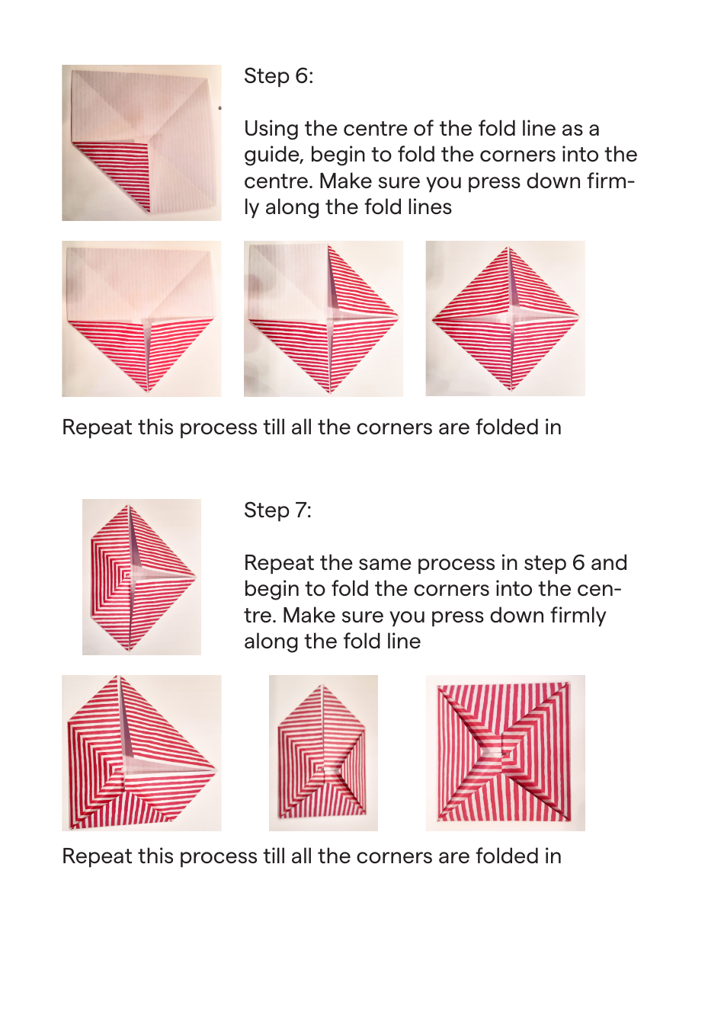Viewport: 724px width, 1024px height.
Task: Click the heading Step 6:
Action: [278, 76]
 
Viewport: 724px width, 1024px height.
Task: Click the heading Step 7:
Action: [277, 510]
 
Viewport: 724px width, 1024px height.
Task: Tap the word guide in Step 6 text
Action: [271, 155]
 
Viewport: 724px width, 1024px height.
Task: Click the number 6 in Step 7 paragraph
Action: [578, 563]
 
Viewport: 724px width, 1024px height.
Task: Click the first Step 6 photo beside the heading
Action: [142, 142]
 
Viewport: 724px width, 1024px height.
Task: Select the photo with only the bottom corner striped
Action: [142, 318]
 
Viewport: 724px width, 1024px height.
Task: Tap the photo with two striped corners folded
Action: [323, 318]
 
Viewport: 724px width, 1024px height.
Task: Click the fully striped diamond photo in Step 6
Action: [505, 318]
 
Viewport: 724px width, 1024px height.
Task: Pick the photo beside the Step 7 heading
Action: [142, 577]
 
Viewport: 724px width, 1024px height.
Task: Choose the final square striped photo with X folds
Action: [505, 753]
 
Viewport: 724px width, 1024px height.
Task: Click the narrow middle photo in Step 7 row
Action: [323, 753]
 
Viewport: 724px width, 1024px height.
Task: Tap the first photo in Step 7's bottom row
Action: [142, 753]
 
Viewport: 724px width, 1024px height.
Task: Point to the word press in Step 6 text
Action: [487, 181]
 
